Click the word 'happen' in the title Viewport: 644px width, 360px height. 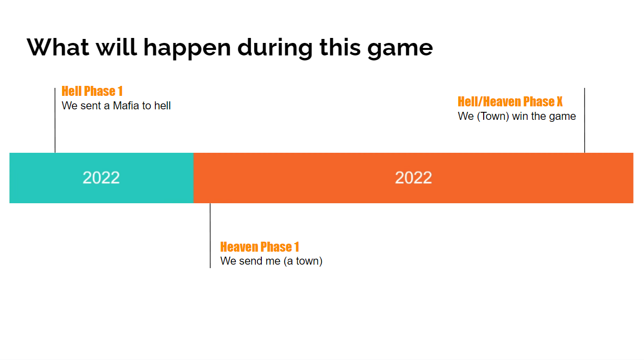(x=187, y=48)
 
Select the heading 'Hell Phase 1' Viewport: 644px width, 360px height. (x=92, y=91)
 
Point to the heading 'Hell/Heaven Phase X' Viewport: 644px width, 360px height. (x=510, y=101)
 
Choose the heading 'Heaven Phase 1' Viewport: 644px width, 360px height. (x=260, y=247)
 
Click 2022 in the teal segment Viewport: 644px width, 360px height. (x=101, y=178)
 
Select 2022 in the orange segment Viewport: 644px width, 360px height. (x=413, y=178)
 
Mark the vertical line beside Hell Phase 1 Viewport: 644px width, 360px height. (x=55, y=120)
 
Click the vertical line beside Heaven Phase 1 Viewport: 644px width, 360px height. (x=210, y=236)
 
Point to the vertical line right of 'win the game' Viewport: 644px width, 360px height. (x=585, y=120)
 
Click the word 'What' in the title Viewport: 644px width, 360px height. (x=58, y=47)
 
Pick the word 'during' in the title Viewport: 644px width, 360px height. (x=275, y=48)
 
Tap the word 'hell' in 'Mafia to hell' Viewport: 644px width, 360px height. (x=162, y=106)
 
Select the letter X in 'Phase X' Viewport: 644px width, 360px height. (x=560, y=101)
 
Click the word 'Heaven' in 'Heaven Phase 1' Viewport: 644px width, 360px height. (x=239, y=247)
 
